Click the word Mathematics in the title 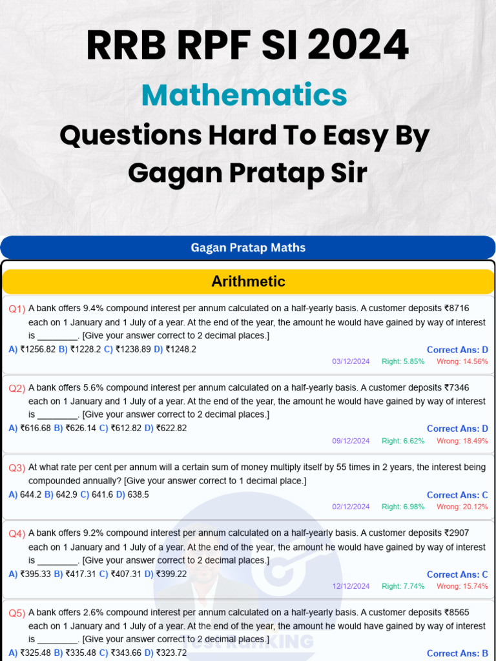[x=244, y=96]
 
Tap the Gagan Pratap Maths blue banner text [x=248, y=247]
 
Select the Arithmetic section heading [x=248, y=281]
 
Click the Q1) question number [x=17, y=309]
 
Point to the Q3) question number [x=17, y=467]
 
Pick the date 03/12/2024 [x=351, y=361]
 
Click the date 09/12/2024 [x=351, y=441]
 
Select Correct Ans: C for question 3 [x=457, y=495]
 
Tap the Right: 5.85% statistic [x=403, y=361]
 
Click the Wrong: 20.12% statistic [x=462, y=507]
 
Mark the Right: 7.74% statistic [x=403, y=586]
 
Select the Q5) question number [x=17, y=613]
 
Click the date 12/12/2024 [x=351, y=586]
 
